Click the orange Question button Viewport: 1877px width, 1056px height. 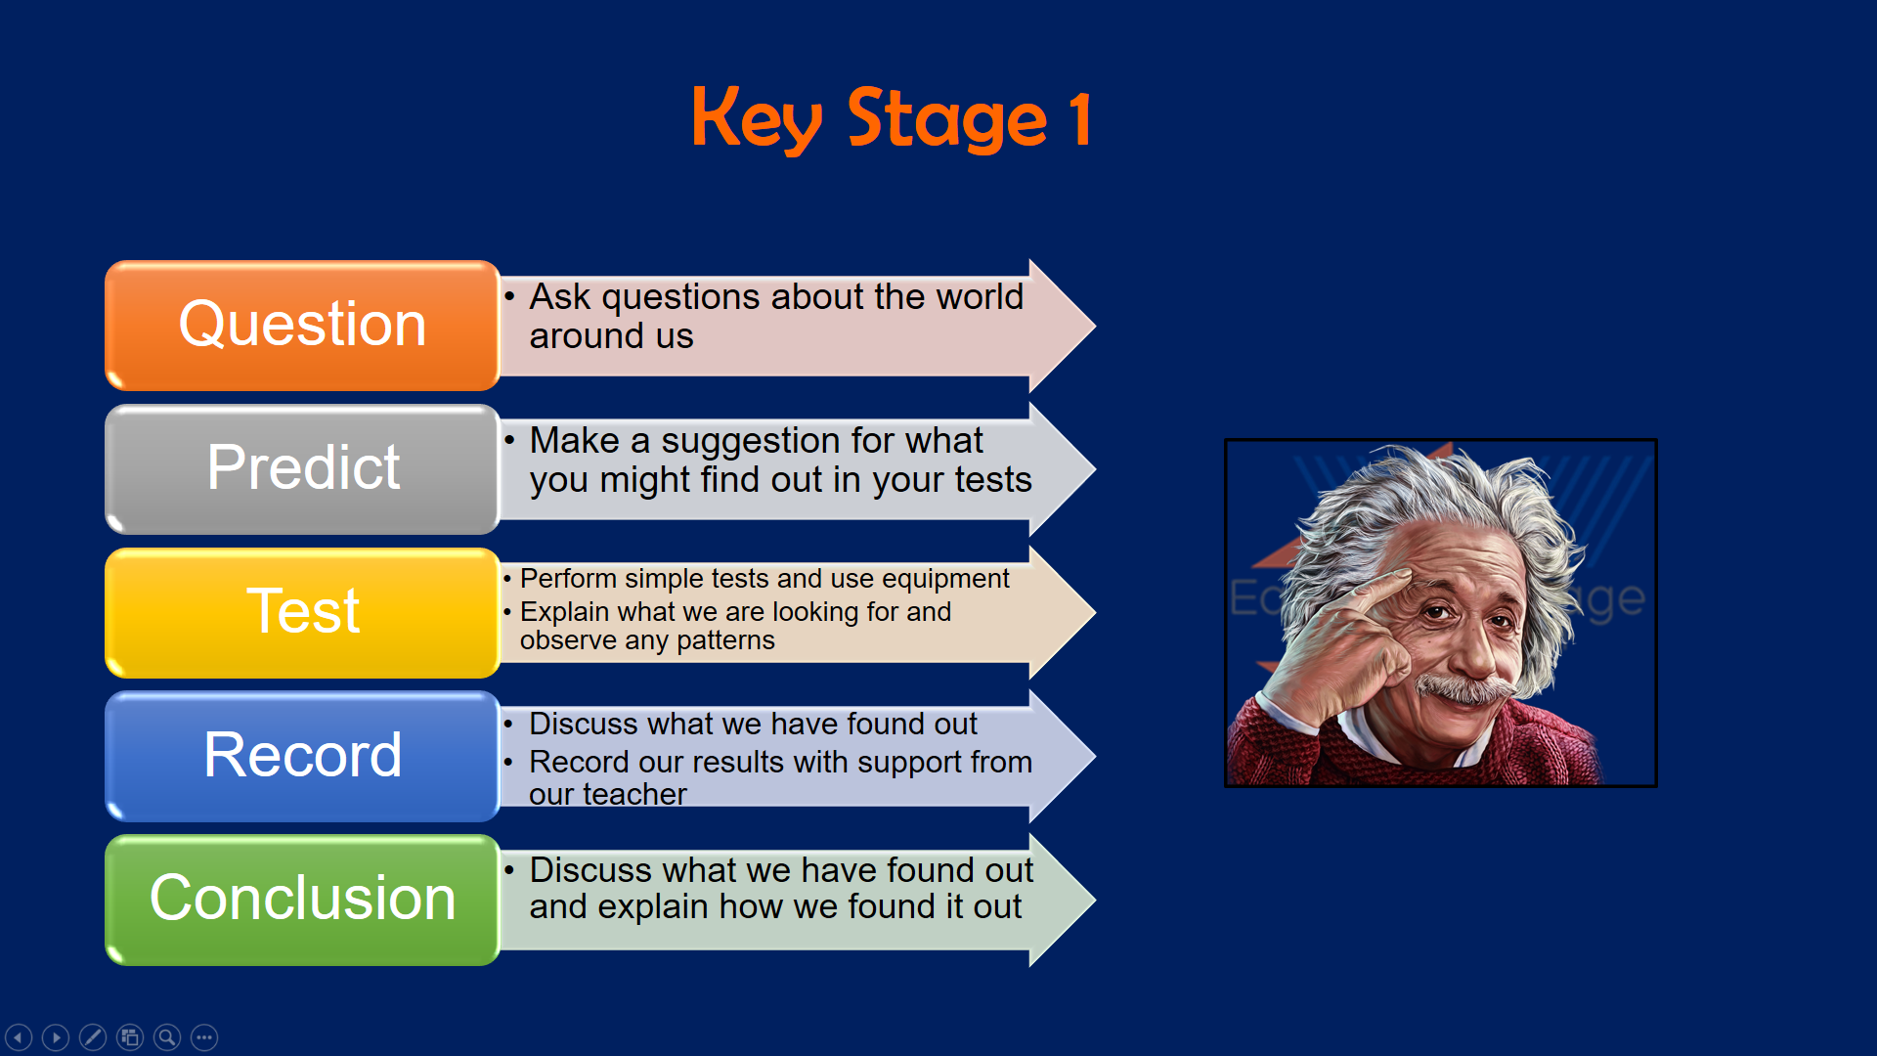coord(303,326)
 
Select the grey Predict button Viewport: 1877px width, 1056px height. coord(303,469)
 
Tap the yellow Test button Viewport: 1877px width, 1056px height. coord(303,613)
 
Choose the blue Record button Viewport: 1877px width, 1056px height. coord(303,756)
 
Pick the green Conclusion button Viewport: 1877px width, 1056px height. coord(303,900)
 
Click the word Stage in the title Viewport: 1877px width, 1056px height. coord(946,119)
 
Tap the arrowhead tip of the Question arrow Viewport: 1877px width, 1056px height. coord(1095,326)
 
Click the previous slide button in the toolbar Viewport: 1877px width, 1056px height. coord(19,1037)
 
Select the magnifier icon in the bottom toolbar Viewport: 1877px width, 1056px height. coord(167,1037)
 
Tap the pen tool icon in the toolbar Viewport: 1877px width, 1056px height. coord(93,1037)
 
